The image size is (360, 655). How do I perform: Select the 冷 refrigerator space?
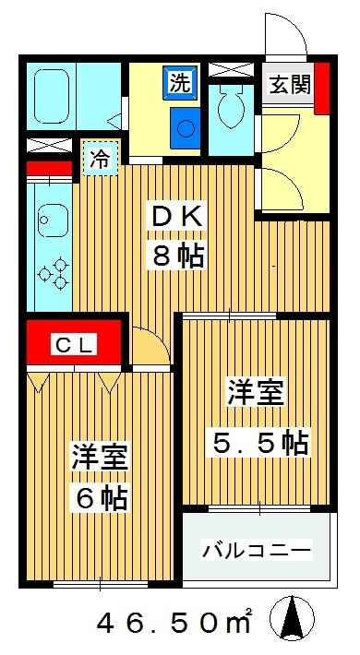coord(101,159)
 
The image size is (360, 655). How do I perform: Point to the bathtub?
coord(51,97)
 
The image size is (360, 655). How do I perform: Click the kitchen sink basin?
coord(53,220)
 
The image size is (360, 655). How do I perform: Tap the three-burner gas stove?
coord(54,273)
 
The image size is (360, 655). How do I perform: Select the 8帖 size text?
coord(178,256)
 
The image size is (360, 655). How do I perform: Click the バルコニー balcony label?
coord(258,549)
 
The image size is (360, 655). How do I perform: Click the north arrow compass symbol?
coord(292,618)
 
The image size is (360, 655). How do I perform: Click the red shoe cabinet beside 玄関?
coord(322,89)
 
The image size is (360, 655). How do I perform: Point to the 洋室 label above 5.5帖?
coord(256,392)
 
